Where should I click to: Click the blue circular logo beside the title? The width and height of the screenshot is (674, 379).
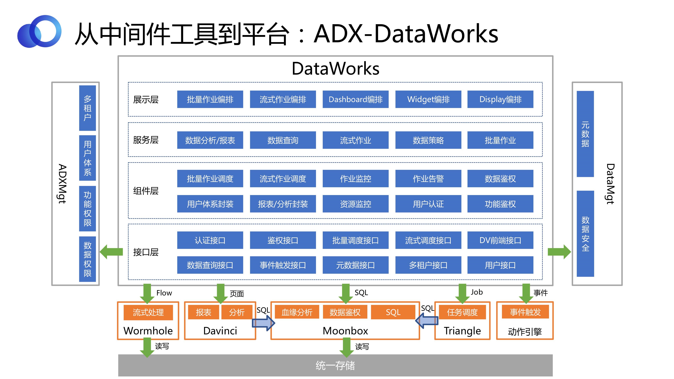coord(39,31)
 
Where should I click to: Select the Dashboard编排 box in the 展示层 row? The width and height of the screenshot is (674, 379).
coord(355,99)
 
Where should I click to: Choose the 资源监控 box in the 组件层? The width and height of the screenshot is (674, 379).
coord(355,204)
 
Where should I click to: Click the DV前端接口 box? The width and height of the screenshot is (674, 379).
coord(500,240)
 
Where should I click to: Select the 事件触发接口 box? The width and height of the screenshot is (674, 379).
coord(283,265)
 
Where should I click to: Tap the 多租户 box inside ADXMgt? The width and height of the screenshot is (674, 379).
coord(87,108)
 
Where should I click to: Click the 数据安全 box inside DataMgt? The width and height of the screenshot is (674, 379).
coord(585,234)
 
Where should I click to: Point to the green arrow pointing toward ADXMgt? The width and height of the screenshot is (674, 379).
coord(111,252)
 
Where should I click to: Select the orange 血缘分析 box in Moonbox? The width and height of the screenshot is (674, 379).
coord(297,312)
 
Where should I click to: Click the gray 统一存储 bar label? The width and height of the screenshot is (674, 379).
coord(335,365)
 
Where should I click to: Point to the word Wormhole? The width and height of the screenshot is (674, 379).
coord(148,331)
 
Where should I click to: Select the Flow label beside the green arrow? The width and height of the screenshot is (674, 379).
coord(164,293)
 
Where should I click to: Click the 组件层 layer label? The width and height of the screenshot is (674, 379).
coord(146,191)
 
